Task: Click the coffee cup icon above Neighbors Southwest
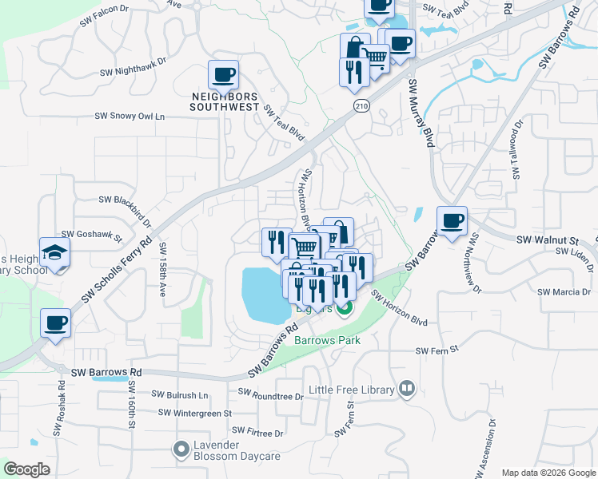[x=223, y=75]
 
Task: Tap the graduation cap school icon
[x=55, y=253]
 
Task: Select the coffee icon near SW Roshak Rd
[x=56, y=324]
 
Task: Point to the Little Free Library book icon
[x=407, y=390]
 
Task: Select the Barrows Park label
[x=327, y=340]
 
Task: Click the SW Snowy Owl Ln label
[x=130, y=117]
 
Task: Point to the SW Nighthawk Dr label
[x=133, y=65]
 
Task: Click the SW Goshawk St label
[x=93, y=236]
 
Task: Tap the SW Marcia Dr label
[x=564, y=292]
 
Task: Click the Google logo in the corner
[x=26, y=469]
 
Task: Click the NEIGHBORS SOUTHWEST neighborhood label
[x=225, y=101]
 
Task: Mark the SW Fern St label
[x=437, y=350]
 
